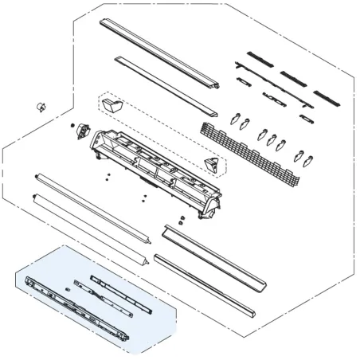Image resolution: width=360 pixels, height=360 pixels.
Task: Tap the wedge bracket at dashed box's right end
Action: (x=212, y=164)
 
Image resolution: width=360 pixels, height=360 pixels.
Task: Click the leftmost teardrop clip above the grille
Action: (x=233, y=120)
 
